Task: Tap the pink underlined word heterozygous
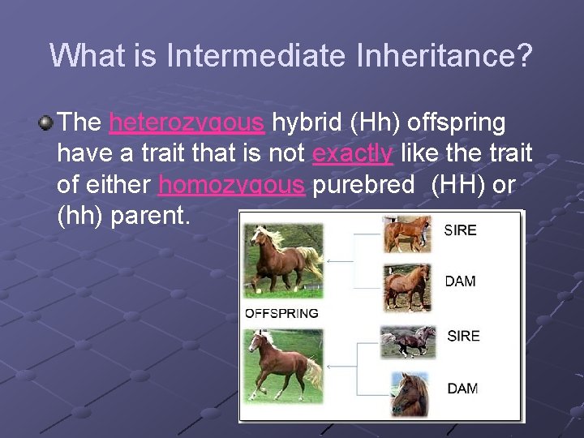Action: [x=187, y=122]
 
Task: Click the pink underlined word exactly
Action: [x=353, y=152]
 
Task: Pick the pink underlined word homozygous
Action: [x=232, y=184]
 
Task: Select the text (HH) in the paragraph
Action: [x=459, y=184]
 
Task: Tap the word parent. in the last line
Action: [x=154, y=216]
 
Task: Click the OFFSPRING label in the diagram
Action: [x=281, y=313]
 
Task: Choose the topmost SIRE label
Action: [x=460, y=230]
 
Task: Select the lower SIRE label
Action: [x=463, y=336]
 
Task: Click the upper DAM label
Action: [x=460, y=281]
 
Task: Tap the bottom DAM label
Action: [x=462, y=389]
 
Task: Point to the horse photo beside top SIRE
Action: [x=407, y=234]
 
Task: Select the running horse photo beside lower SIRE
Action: [x=409, y=341]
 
